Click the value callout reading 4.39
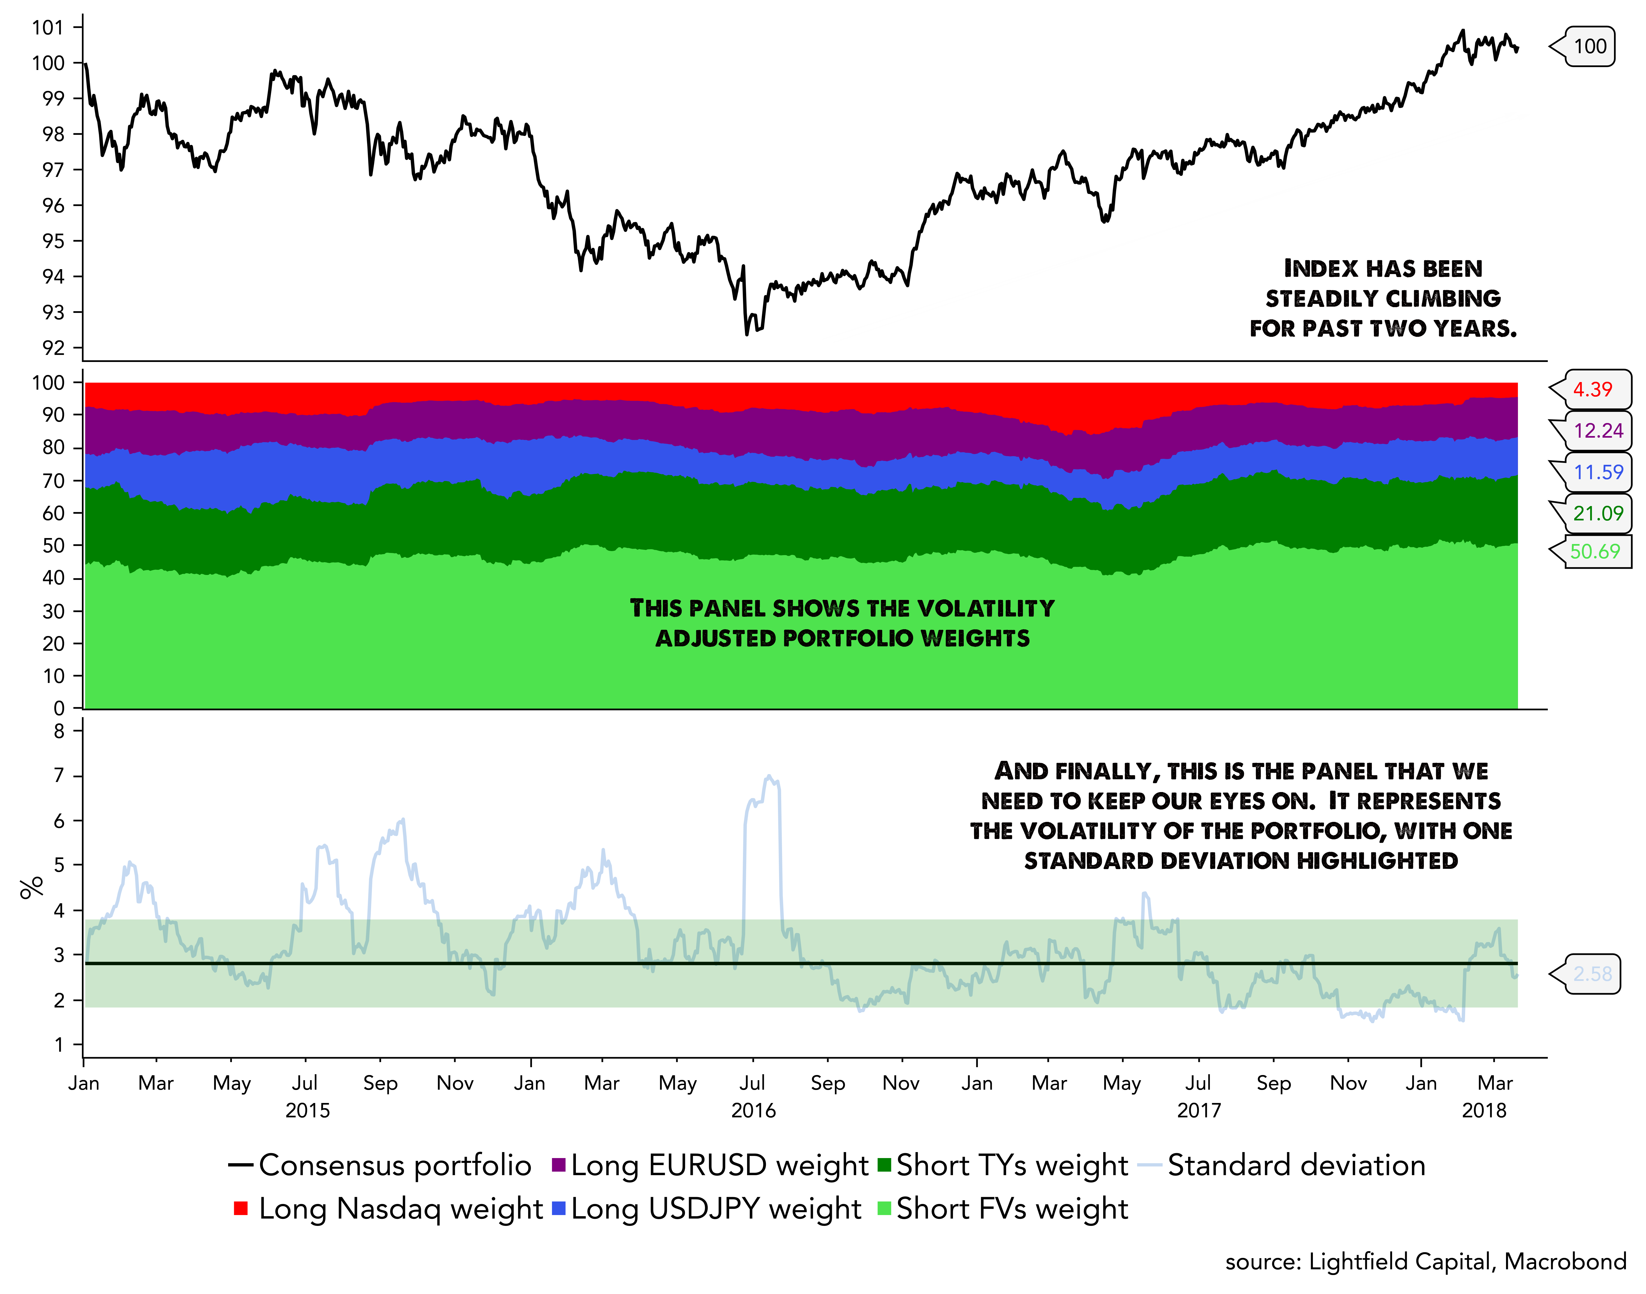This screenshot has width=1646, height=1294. coord(1592,389)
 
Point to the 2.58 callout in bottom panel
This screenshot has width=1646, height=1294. coord(1592,974)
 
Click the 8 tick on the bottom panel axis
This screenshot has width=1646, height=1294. coord(59,731)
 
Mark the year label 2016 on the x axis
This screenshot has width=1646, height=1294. coord(753,1111)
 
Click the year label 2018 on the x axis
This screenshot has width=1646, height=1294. coord(1484,1111)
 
